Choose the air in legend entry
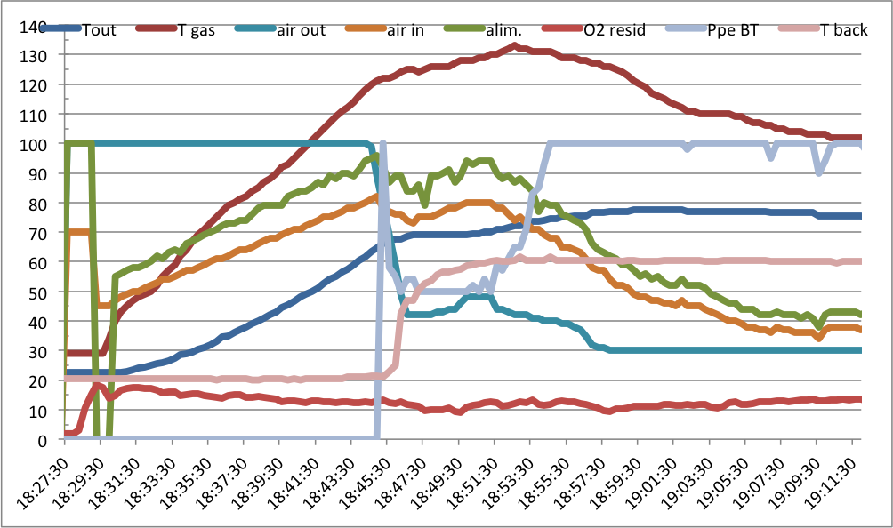[406, 29]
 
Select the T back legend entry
[843, 29]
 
